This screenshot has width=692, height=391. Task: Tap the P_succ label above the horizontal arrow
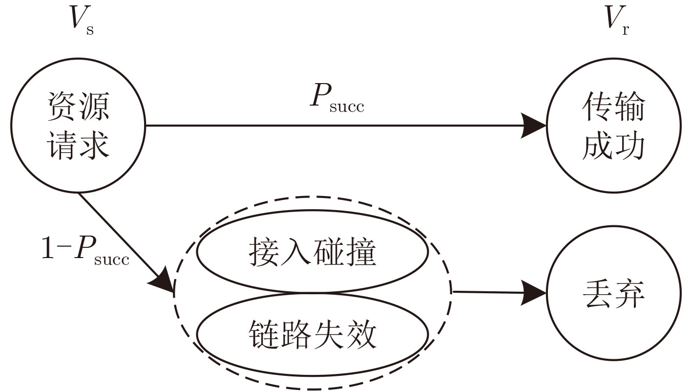click(337, 98)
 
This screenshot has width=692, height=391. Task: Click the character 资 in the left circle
click(62, 107)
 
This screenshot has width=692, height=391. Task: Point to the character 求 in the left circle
click(94, 145)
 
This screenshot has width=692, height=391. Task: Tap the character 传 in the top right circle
click(597, 106)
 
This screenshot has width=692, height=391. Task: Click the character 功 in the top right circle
click(629, 145)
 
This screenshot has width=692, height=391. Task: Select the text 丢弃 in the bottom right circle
click(613, 294)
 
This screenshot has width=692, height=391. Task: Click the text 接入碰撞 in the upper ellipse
click(313, 252)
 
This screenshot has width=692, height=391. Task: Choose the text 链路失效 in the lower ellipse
click(313, 334)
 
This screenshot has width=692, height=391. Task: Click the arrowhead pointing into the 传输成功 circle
click(534, 126)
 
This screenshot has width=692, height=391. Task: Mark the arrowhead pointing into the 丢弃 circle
click(534, 293)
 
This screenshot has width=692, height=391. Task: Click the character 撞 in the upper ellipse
click(361, 252)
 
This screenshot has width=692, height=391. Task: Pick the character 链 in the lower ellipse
click(264, 334)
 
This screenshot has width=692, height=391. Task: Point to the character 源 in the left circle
click(94, 107)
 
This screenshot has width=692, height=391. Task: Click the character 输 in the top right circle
click(629, 106)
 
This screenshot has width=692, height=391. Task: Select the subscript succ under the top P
click(347, 107)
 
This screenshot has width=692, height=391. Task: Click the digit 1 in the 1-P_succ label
click(48, 248)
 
